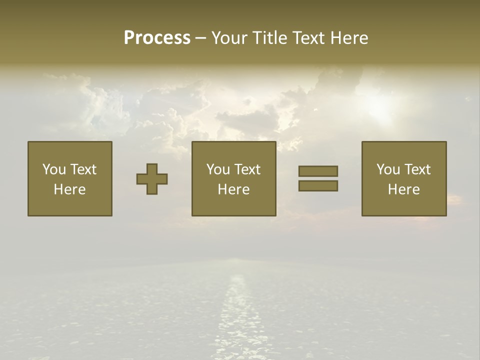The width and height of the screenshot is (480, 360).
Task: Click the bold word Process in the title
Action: coord(157,38)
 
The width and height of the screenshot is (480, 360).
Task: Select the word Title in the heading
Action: coord(268,38)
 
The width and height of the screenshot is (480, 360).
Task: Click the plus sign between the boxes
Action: coord(152,179)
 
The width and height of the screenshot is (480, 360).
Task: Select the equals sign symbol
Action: coord(318,178)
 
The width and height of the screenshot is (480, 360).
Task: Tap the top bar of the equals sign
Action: coord(318,171)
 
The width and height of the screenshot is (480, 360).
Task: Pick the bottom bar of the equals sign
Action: coord(318,185)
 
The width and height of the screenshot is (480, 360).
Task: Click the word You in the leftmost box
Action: coord(54,169)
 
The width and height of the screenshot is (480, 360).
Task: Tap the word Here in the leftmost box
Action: coord(70,189)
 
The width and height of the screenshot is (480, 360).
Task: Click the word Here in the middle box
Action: coord(233,189)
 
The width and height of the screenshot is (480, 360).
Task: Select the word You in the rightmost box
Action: coord(388,169)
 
